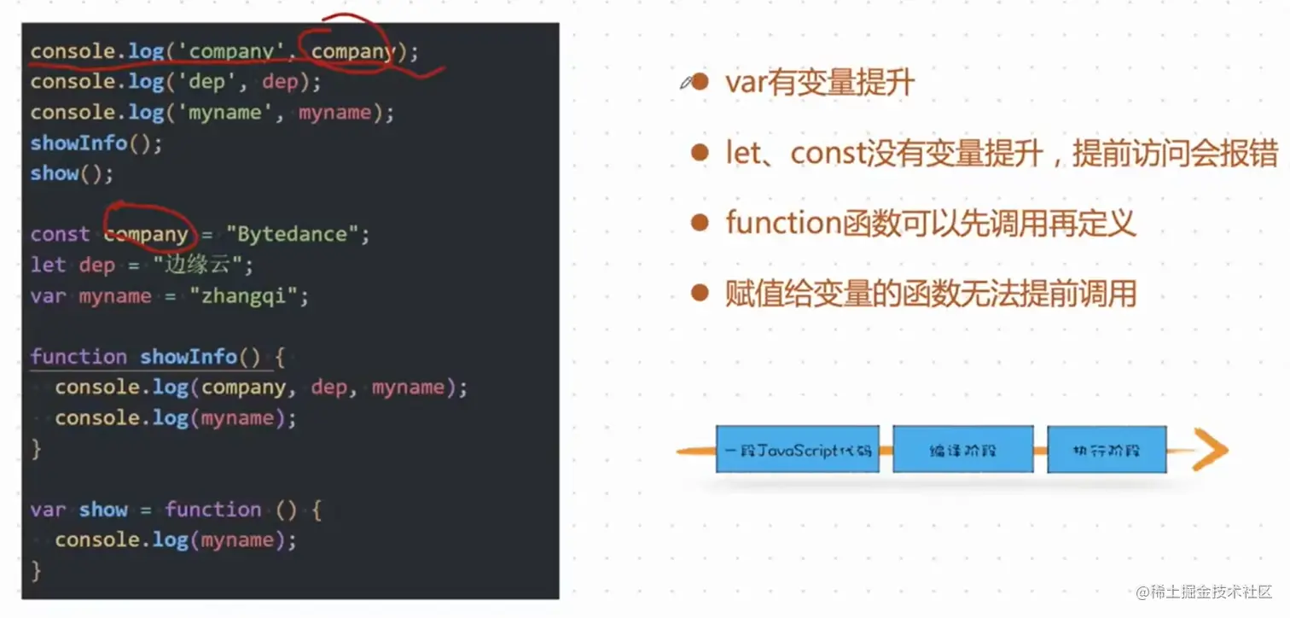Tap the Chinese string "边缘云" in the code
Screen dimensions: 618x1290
tap(203, 265)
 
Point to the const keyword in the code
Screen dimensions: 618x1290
tap(60, 235)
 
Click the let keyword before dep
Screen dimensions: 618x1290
tap(48, 265)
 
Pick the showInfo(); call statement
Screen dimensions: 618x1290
tap(96, 143)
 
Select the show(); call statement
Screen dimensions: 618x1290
tap(72, 173)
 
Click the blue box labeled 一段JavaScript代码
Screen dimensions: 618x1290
tap(797, 449)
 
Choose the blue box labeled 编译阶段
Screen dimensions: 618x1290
tap(962, 449)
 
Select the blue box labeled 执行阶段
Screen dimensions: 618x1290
tap(1106, 449)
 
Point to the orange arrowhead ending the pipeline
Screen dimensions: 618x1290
tap(1212, 450)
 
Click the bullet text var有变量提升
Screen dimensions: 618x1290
tap(819, 83)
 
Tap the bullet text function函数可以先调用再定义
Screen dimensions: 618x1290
tap(930, 224)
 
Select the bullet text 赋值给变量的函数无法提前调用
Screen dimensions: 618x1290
tap(930, 294)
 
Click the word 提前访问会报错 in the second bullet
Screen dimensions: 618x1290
tap(1174, 154)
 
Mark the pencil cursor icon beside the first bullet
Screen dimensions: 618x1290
tap(685, 82)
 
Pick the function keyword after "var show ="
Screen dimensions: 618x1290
tap(213, 510)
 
